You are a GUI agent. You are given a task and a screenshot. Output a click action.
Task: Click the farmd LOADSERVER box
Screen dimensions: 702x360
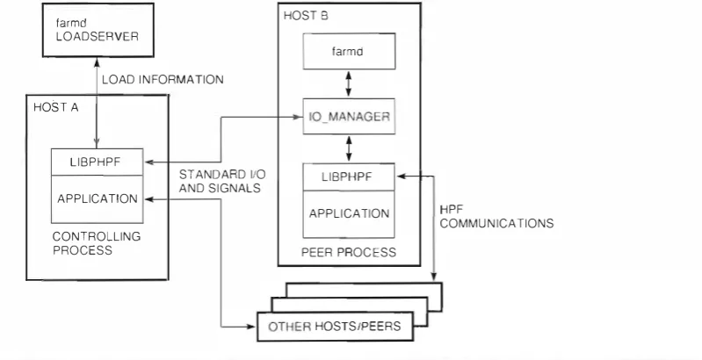pos(98,30)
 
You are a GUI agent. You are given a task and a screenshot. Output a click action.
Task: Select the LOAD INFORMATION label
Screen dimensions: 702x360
pos(163,80)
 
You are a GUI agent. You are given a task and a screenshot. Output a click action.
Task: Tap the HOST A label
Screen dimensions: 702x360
pos(56,107)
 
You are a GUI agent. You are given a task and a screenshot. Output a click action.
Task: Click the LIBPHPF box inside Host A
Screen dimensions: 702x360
pos(98,162)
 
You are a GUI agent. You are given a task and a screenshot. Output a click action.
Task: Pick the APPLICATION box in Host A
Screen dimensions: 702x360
pos(98,199)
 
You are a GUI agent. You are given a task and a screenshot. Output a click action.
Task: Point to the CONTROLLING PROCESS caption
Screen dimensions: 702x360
pos(97,243)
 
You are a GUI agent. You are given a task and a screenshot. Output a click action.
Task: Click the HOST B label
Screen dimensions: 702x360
pos(306,16)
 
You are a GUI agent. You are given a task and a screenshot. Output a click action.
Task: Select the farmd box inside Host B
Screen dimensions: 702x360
pos(349,52)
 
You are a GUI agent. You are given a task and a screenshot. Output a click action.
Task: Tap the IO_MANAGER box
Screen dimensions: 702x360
pos(349,116)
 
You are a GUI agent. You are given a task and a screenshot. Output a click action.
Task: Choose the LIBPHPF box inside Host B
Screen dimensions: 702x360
pos(349,177)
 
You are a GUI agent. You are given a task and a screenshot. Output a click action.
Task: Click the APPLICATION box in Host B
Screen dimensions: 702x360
pos(349,214)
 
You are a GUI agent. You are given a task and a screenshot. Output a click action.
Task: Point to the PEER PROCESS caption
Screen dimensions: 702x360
pos(349,252)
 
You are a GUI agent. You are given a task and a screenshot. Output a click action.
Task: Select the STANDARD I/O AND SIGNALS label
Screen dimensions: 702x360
pos(222,181)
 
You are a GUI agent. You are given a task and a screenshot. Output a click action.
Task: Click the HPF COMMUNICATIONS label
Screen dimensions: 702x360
pos(496,217)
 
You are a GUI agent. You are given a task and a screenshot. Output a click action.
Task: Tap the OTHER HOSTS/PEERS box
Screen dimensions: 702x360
pos(335,327)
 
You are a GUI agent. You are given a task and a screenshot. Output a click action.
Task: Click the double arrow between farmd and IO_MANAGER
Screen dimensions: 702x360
pos(349,84)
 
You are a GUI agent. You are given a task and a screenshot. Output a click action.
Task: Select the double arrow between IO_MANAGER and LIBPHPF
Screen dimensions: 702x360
pos(349,149)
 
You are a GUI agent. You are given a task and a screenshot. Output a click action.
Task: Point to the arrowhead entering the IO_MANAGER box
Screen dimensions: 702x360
pos(299,117)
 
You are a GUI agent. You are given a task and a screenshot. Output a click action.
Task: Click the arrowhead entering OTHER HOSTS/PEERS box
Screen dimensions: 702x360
pos(251,327)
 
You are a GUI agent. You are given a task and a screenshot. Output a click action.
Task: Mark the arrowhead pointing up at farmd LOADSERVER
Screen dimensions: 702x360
pos(97,61)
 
